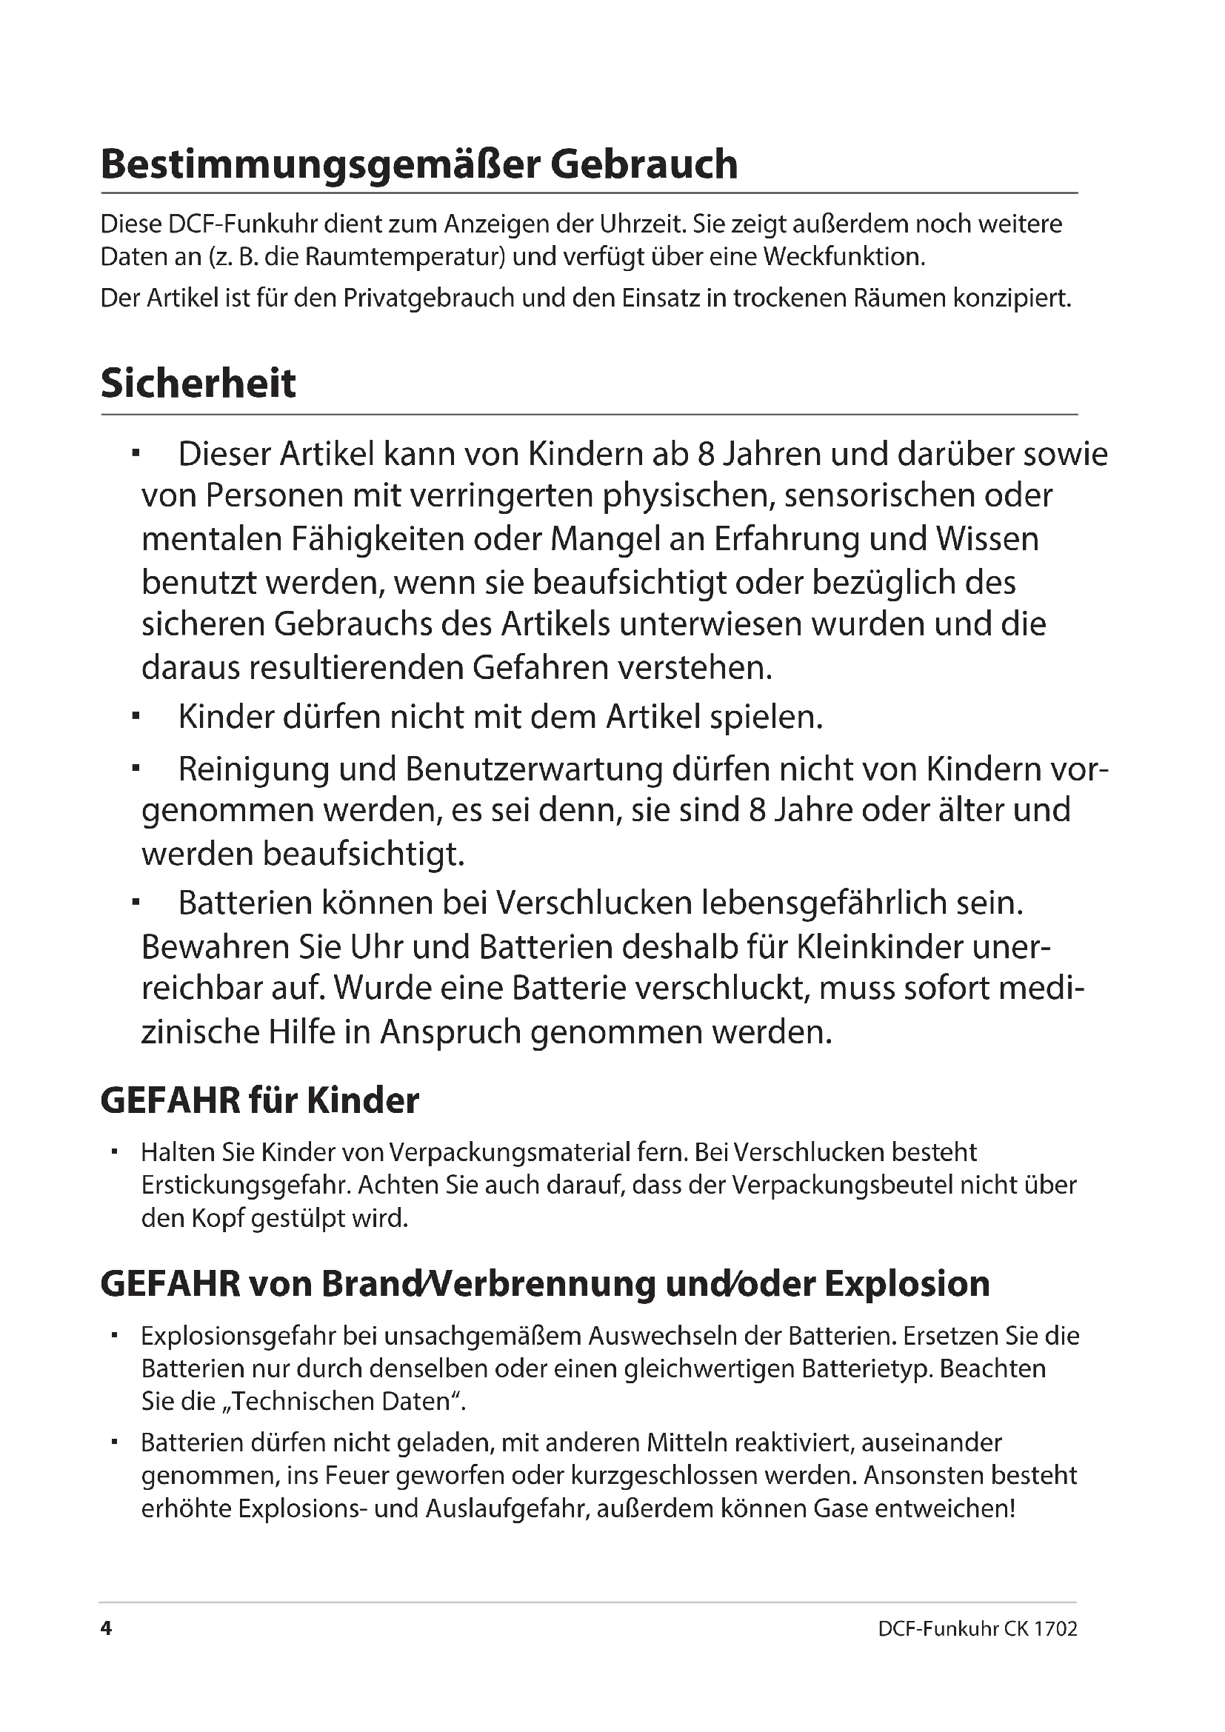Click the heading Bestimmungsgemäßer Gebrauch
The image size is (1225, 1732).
click(x=418, y=164)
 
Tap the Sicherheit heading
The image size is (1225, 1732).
click(x=198, y=384)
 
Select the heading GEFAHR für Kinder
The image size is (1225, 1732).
click(x=259, y=1100)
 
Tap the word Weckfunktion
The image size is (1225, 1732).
click(x=844, y=257)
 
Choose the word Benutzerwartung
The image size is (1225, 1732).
click(x=534, y=769)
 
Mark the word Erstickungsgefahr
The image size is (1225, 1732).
click(x=246, y=1185)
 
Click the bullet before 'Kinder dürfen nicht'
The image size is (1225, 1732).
click(x=136, y=717)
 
